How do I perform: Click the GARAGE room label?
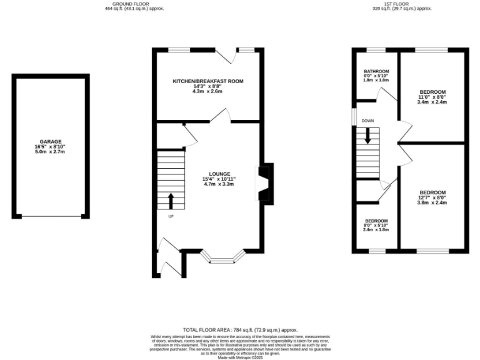pos(50,141)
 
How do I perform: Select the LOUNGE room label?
pos(220,174)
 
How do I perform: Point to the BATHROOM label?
pos(376,71)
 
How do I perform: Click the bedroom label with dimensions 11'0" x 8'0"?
pos(432,91)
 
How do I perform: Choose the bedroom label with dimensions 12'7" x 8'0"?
pos(432,192)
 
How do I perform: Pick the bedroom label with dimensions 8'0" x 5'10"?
pos(376,221)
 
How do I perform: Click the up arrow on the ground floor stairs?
pos(171,201)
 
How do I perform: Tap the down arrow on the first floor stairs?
pos(367,136)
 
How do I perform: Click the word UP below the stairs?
pos(171,216)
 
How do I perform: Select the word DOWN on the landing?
pos(367,121)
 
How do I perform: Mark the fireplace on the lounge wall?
pos(266,182)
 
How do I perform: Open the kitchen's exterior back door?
pos(232,56)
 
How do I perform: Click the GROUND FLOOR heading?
pos(134,4)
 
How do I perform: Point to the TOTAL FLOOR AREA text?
pos(240,329)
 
